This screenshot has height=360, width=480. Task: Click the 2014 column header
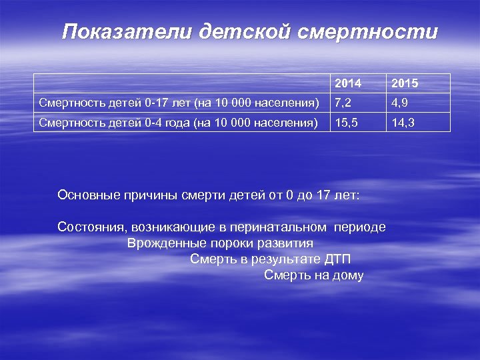pyautogui.click(x=348, y=84)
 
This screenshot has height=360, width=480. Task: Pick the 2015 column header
pyautogui.click(x=405, y=84)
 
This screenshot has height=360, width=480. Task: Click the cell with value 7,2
pyautogui.click(x=344, y=103)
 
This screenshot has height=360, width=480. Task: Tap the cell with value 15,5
pyautogui.click(x=347, y=122)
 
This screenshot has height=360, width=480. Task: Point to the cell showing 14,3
pyautogui.click(x=404, y=122)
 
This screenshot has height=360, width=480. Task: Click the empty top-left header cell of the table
pyautogui.click(x=182, y=83)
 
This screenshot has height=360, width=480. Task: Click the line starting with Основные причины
pyautogui.click(x=209, y=195)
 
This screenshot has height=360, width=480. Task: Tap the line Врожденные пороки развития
pyautogui.click(x=220, y=243)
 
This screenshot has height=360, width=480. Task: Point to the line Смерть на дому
pyautogui.click(x=313, y=275)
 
